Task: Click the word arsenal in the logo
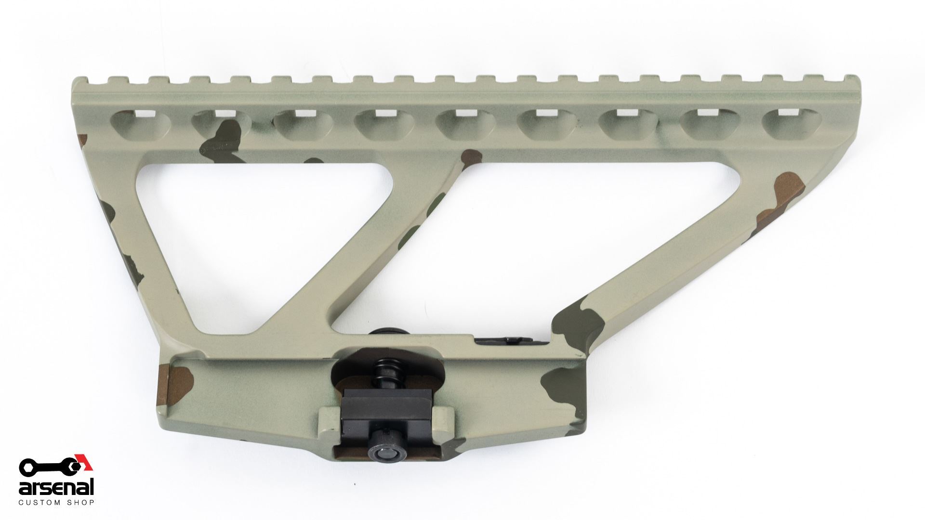[x=56, y=487]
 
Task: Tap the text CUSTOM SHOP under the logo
[x=56, y=502]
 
